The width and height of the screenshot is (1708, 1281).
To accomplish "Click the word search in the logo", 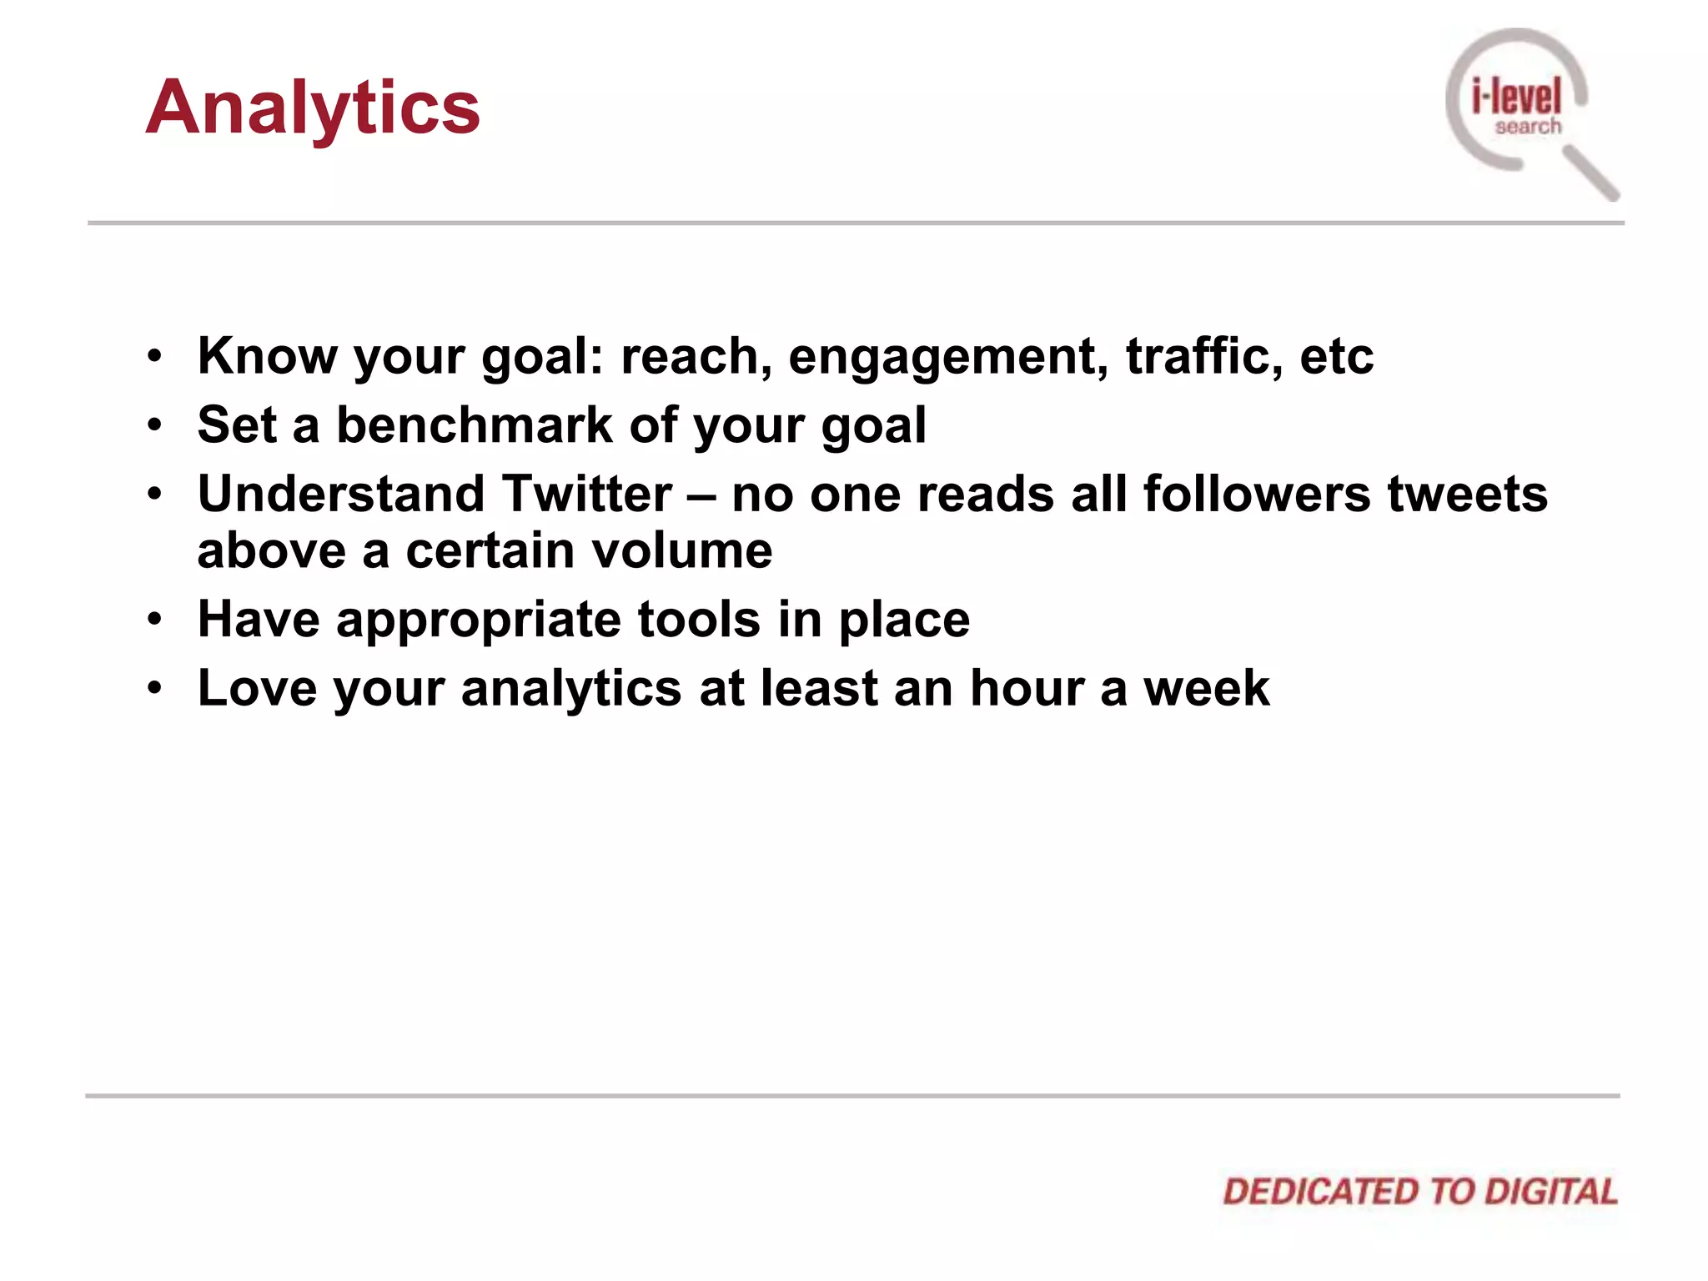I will click(x=1528, y=127).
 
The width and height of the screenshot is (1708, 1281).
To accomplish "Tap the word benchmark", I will click(x=474, y=424).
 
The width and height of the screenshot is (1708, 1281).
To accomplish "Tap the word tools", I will click(x=699, y=620).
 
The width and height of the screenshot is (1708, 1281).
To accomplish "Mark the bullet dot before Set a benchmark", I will click(x=154, y=426).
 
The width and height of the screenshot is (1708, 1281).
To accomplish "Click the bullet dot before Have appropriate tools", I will click(x=154, y=620).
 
